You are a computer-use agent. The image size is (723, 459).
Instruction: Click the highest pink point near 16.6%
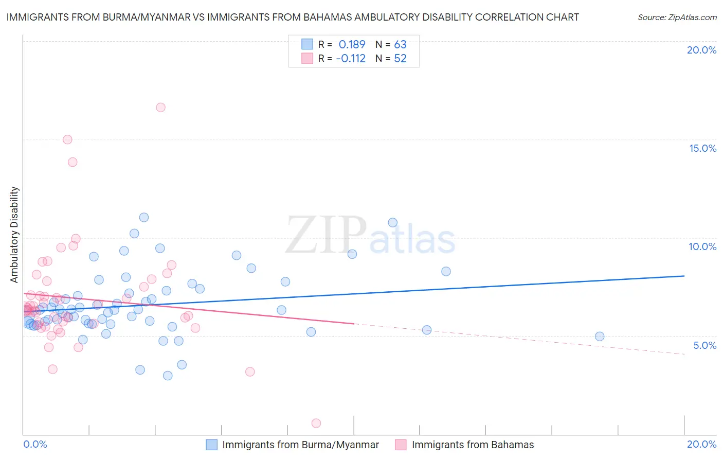(x=160, y=108)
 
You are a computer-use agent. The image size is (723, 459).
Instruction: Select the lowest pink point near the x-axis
(x=316, y=423)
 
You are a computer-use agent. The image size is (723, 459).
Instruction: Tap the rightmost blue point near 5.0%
(x=600, y=337)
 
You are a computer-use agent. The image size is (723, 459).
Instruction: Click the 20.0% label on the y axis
(x=701, y=50)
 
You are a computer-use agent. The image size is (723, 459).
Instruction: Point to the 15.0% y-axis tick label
(x=702, y=148)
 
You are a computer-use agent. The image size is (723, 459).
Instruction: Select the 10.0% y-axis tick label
(x=702, y=246)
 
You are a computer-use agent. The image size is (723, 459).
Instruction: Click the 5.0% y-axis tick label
(x=704, y=345)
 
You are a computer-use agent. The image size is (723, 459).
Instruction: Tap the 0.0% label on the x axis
(x=35, y=444)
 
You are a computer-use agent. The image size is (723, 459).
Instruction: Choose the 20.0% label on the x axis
(x=701, y=444)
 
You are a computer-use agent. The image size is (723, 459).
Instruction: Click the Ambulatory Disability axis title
(x=14, y=235)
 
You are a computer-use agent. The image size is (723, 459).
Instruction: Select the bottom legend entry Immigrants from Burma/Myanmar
(x=300, y=445)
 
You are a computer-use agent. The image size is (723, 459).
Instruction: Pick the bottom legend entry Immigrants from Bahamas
(x=473, y=445)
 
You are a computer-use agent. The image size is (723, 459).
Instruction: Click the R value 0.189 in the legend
(x=352, y=45)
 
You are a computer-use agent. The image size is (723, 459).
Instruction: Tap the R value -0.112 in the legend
(x=351, y=59)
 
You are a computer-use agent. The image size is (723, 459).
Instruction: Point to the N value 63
(x=400, y=45)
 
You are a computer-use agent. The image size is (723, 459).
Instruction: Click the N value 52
(x=400, y=59)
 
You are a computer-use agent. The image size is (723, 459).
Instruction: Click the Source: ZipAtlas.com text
(x=677, y=17)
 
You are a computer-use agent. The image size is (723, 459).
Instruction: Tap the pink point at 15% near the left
(x=67, y=139)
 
